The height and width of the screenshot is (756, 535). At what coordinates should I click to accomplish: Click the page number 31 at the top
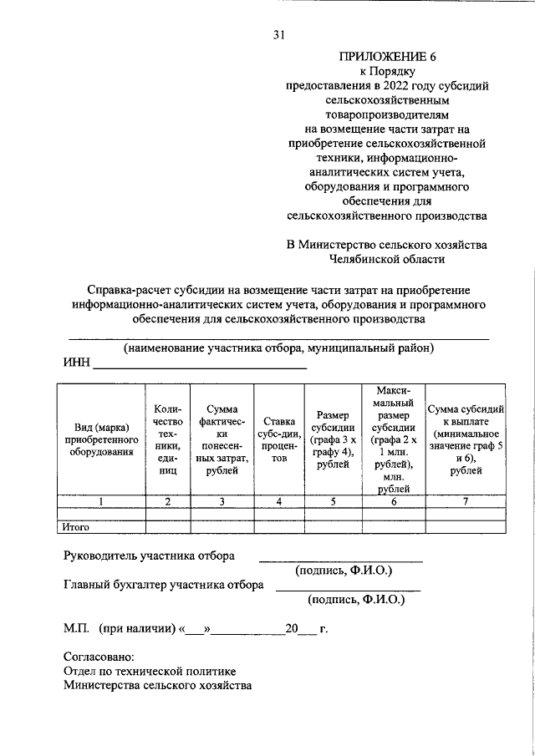pyautogui.click(x=279, y=34)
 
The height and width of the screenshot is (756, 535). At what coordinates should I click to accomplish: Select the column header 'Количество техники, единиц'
pyautogui.click(x=168, y=439)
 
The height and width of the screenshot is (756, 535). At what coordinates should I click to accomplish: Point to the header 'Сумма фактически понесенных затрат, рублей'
pyautogui.click(x=222, y=439)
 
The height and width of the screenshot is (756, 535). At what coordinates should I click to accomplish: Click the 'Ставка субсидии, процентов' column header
pyautogui.click(x=279, y=439)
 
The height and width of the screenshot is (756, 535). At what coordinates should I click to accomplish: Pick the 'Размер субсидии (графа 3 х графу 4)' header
pyautogui.click(x=333, y=439)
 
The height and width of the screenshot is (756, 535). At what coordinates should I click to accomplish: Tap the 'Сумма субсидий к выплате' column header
pyautogui.click(x=465, y=439)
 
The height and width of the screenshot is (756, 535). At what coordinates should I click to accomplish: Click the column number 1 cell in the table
pyautogui.click(x=100, y=501)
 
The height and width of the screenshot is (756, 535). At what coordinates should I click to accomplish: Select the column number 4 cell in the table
pyautogui.click(x=279, y=501)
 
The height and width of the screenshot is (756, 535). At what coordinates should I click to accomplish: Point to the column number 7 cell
pyautogui.click(x=465, y=501)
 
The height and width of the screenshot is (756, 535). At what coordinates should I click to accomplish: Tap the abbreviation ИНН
pyautogui.click(x=76, y=363)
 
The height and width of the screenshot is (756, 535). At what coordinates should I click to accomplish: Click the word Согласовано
pyautogui.click(x=99, y=657)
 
